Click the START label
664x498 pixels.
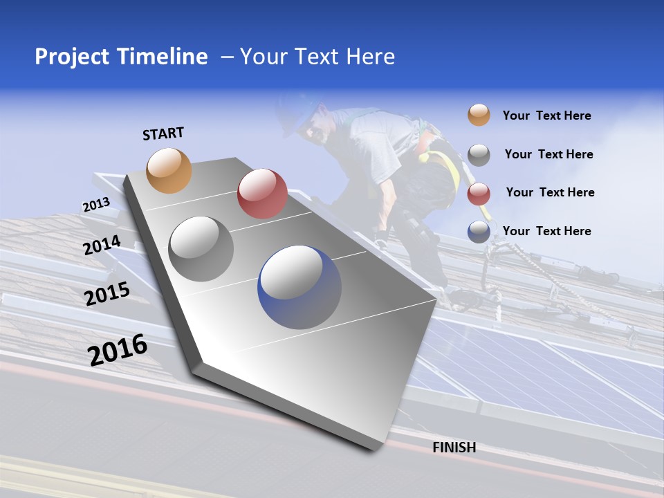point(163,133)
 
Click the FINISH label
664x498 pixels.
point(454,448)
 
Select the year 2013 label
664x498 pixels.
point(96,205)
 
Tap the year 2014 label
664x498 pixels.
point(102,246)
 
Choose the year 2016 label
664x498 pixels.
point(118,350)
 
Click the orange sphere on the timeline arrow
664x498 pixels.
point(169,170)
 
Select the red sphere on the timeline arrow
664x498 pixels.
point(262,193)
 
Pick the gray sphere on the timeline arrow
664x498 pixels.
point(201,248)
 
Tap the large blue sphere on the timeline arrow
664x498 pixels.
point(299,286)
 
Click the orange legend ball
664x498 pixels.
point(479,115)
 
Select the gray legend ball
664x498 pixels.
point(479,155)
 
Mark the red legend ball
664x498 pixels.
point(479,194)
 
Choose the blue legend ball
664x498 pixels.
point(479,232)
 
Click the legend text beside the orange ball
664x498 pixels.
point(546,116)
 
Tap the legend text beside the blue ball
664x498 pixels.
point(546,231)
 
